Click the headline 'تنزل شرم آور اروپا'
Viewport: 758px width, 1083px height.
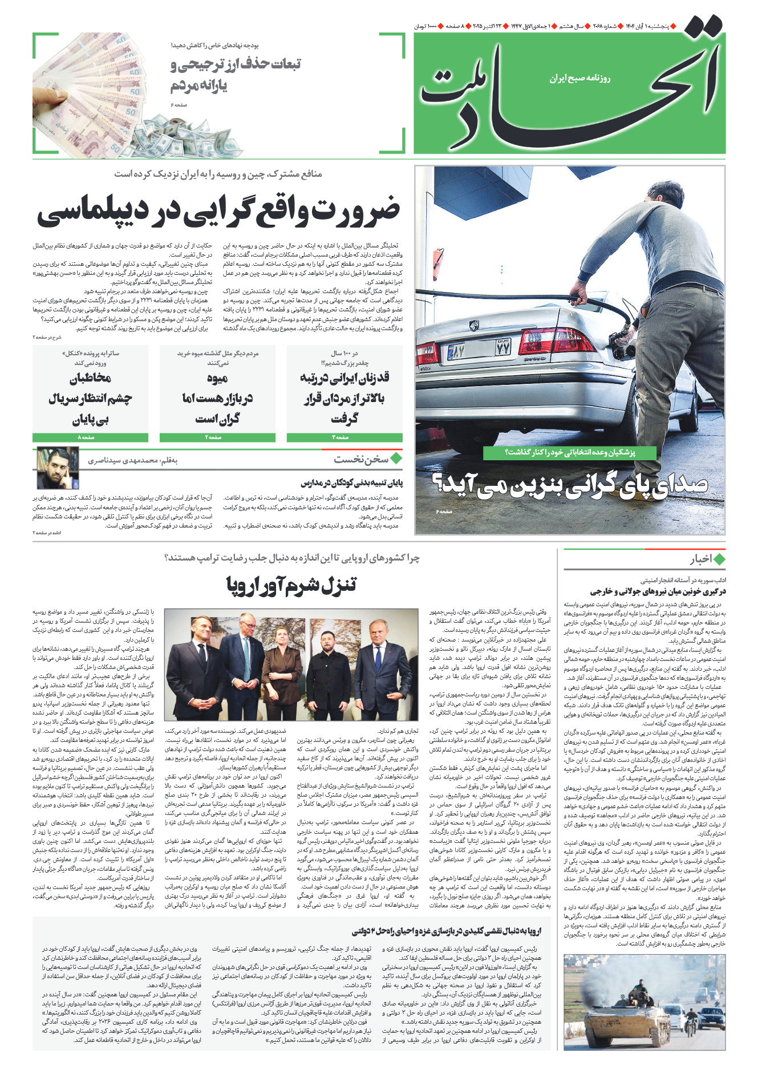click(291, 585)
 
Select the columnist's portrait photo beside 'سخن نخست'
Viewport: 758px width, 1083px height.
click(58, 468)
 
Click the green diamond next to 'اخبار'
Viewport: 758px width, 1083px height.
click(719, 559)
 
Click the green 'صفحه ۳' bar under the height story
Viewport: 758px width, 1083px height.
click(344, 437)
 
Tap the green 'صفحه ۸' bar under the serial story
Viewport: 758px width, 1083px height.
click(90, 437)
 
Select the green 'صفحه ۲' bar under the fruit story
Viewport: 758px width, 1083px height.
click(217, 437)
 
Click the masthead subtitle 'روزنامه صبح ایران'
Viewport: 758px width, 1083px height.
click(579, 78)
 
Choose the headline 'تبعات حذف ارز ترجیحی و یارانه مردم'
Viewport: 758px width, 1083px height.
click(235, 74)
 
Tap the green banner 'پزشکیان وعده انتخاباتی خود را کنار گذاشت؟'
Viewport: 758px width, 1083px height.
click(570, 452)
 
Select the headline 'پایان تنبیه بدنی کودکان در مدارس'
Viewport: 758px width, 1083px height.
click(351, 483)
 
